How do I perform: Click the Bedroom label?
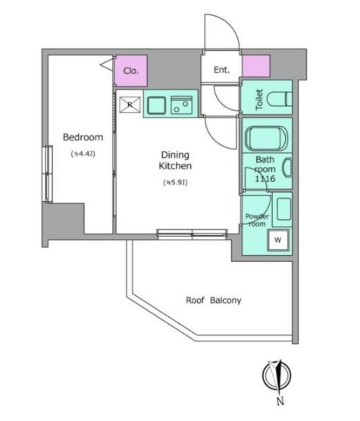tap(83, 137)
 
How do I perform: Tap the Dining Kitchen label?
tap(175, 159)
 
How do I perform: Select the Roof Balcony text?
tap(214, 300)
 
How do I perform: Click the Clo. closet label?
tap(130, 71)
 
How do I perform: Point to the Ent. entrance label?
tap(221, 71)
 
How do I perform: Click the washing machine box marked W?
tap(278, 240)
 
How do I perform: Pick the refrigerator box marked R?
tap(130, 105)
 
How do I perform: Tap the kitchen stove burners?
tap(182, 105)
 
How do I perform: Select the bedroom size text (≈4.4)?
tap(83, 154)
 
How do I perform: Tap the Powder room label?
tap(255, 220)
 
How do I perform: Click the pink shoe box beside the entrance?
tap(255, 66)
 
